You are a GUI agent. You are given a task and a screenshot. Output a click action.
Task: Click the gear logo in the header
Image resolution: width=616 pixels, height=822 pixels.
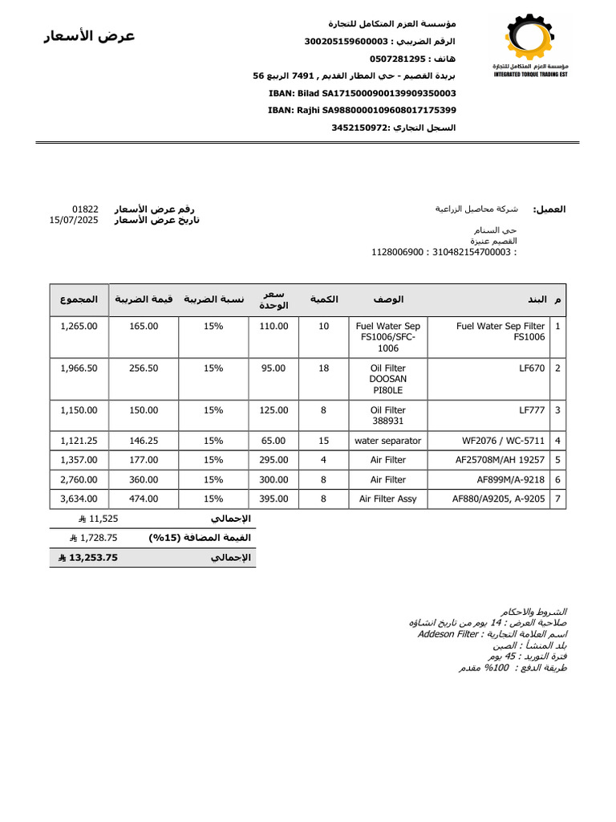tap(529, 38)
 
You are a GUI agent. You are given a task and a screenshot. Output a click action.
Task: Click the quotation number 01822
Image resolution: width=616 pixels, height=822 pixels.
tap(85, 209)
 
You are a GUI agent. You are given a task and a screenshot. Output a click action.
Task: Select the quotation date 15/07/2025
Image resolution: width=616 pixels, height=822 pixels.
tap(74, 219)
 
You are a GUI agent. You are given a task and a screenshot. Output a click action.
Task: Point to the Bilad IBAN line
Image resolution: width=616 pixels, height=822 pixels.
tap(362, 93)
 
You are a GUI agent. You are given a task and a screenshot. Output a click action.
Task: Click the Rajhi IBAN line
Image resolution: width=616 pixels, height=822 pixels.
tap(362, 110)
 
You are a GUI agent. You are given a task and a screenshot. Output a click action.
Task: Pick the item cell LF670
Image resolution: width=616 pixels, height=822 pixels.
tap(532, 368)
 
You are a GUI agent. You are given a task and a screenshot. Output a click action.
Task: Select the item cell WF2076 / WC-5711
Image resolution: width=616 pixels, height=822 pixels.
tap(504, 441)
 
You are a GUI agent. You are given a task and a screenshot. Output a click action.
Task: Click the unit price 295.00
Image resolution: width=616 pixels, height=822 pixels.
tap(274, 460)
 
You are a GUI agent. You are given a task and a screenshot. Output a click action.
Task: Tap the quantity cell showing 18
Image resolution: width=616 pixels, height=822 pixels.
tap(324, 368)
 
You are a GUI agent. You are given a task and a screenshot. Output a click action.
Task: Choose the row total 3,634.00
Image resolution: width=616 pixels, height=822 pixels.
tap(79, 498)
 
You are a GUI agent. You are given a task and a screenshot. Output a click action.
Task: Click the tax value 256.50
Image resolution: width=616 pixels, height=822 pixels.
tap(144, 368)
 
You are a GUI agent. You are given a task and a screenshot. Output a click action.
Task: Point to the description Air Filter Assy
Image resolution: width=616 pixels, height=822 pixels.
tap(388, 498)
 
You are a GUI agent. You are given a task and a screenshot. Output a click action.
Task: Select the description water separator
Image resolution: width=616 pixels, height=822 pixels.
tap(388, 441)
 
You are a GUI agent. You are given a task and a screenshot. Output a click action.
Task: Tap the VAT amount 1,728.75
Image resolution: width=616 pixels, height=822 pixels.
tap(99, 538)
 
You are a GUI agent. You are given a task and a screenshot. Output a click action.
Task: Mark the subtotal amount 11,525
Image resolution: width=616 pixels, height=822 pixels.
tap(103, 519)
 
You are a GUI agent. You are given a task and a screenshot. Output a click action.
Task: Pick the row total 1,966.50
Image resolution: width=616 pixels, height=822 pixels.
tap(79, 368)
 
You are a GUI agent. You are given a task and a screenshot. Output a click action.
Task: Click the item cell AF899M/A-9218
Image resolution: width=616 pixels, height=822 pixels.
tap(511, 479)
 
